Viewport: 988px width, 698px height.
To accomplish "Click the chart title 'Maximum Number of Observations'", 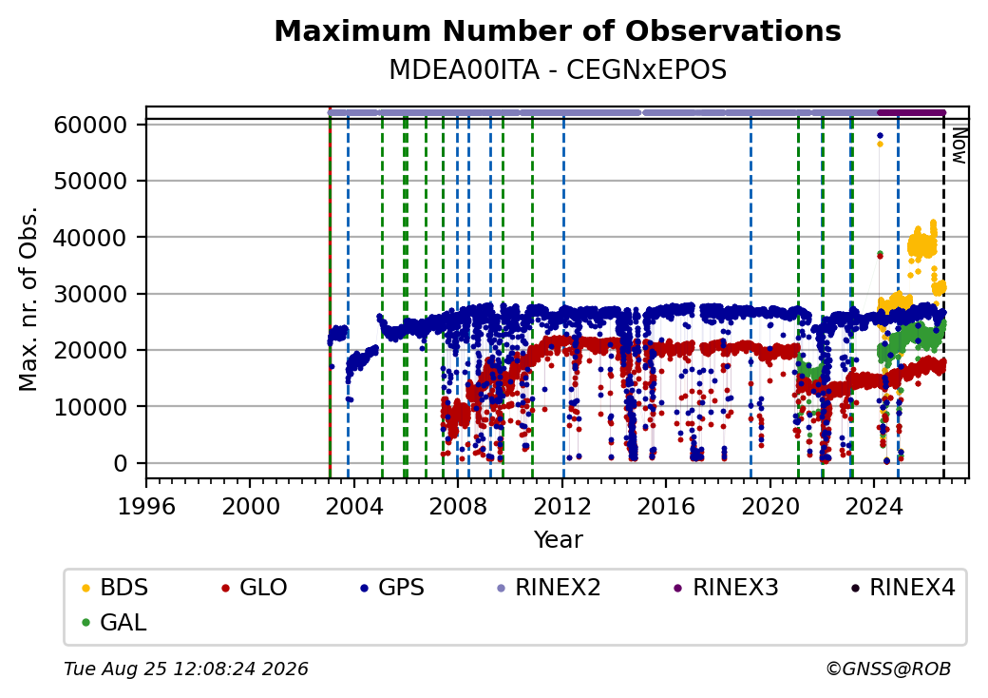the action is [x=558, y=30].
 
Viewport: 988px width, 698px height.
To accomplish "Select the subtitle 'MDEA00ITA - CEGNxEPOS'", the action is [x=558, y=70].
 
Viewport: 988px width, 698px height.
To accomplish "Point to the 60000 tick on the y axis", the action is [x=91, y=125].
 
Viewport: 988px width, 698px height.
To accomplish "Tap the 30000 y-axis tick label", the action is [x=91, y=294].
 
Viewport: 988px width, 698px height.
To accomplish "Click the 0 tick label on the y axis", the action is [x=121, y=463].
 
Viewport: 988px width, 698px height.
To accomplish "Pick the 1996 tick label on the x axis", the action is [x=146, y=506].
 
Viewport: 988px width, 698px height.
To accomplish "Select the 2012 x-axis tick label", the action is [x=562, y=506].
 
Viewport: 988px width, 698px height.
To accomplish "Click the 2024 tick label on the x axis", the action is [x=874, y=506].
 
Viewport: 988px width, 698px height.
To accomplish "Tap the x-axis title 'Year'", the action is [x=559, y=540].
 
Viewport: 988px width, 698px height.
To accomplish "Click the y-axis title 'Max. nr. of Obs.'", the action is [x=28, y=299].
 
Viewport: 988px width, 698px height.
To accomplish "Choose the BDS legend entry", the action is [x=115, y=588].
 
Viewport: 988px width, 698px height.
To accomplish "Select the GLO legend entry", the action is [x=254, y=588].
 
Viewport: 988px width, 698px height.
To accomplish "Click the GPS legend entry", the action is [x=392, y=588].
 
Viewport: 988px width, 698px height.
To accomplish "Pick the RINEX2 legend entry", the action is [x=548, y=588].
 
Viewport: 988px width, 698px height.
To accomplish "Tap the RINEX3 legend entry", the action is [x=726, y=588].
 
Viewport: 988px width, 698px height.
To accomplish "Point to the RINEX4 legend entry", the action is [x=902, y=588].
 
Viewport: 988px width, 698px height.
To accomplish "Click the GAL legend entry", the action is [x=114, y=622].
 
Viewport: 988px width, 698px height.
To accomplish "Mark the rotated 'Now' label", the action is [x=959, y=145].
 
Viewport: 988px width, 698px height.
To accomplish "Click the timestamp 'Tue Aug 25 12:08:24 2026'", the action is [x=186, y=669].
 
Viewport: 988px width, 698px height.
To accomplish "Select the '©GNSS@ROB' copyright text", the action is [x=888, y=669].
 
